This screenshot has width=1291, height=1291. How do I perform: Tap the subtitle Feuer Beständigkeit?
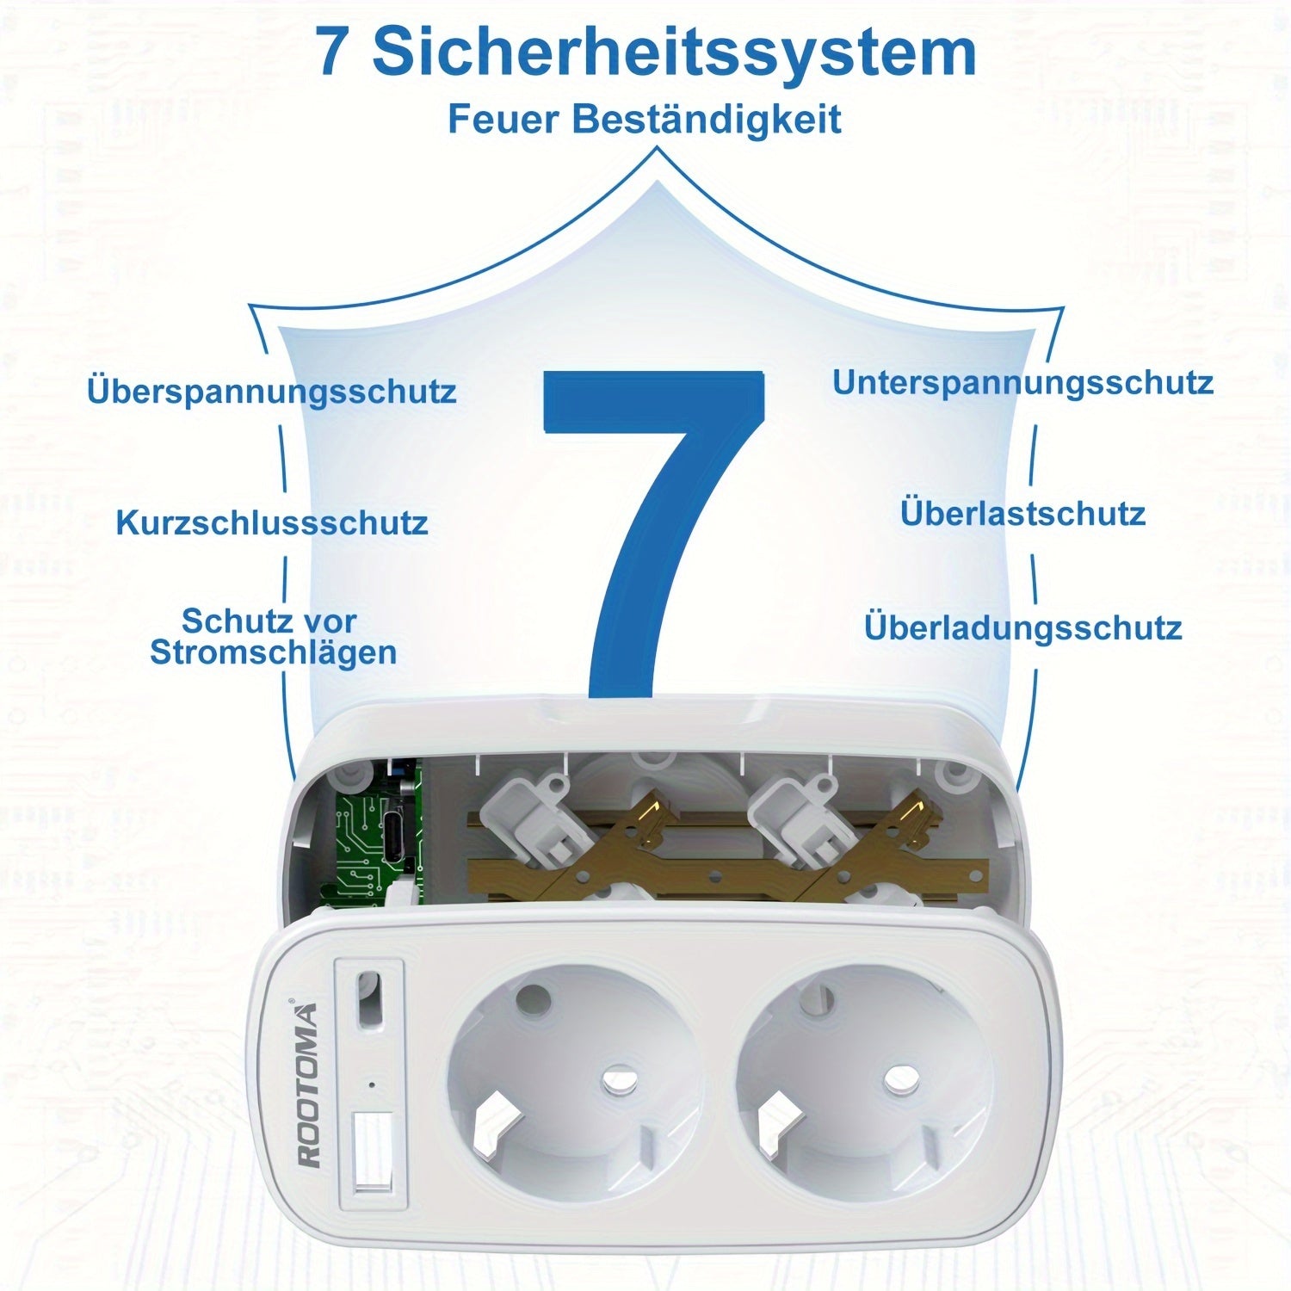click(x=644, y=119)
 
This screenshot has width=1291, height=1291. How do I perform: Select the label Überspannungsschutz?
click(x=271, y=391)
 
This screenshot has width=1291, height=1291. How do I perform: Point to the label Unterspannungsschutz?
click(x=1022, y=382)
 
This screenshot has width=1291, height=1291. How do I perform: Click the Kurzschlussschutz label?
click(x=272, y=522)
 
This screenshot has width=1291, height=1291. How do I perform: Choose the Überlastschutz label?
click(x=1022, y=514)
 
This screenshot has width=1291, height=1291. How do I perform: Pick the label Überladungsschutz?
click(x=1022, y=627)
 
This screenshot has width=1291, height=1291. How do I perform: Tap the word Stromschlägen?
click(x=273, y=652)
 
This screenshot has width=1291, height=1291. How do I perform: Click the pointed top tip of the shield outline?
click(x=658, y=151)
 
